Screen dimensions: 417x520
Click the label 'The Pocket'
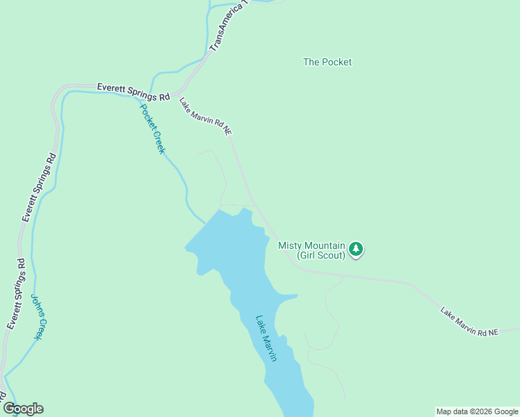click(327, 62)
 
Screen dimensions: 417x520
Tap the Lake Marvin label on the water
click(266, 338)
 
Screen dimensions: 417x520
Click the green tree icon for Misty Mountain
click(356, 249)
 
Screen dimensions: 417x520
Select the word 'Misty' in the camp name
click(291, 245)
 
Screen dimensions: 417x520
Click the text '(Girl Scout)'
click(320, 255)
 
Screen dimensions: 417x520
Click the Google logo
click(23, 409)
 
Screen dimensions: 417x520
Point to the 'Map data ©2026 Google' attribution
click(477, 411)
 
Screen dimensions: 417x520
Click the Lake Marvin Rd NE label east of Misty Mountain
click(469, 322)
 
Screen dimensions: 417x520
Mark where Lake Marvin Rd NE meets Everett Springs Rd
click(176, 93)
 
